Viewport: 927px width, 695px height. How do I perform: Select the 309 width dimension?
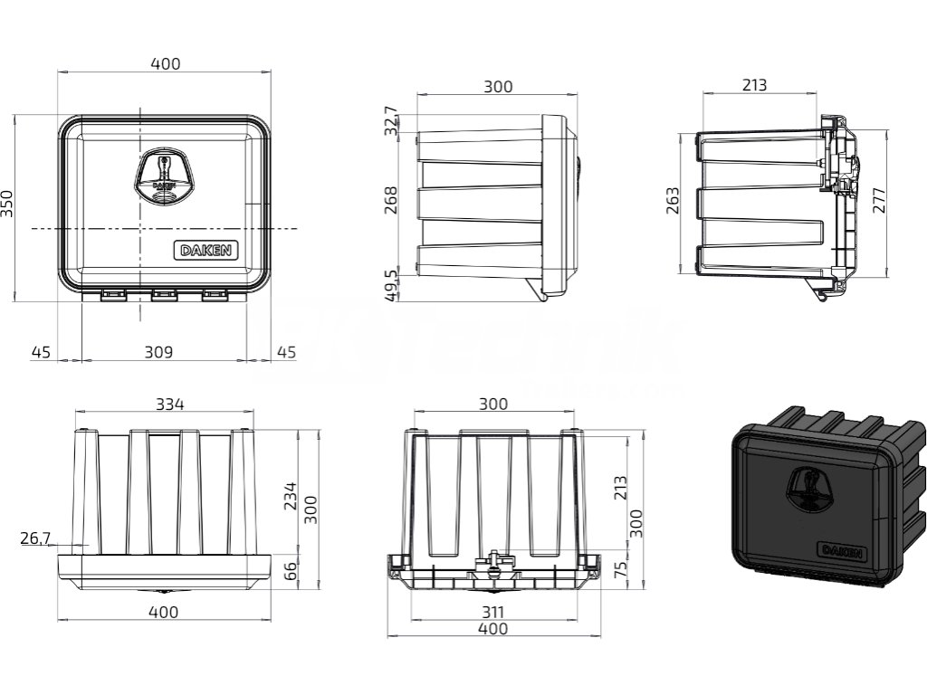click(x=159, y=351)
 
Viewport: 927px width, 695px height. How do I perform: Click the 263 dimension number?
click(x=672, y=200)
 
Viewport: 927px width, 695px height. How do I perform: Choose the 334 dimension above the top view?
click(x=168, y=405)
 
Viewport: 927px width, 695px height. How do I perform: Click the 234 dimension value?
click(x=291, y=497)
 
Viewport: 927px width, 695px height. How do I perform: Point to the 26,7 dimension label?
click(x=34, y=539)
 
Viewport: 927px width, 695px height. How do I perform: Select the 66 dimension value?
click(x=291, y=571)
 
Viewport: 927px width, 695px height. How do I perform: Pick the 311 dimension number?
click(x=492, y=613)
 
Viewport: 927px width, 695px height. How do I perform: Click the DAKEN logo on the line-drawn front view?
click(x=198, y=250)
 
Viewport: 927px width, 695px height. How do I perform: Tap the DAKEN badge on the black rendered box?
click(x=840, y=551)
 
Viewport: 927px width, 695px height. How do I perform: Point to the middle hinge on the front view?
click(x=164, y=295)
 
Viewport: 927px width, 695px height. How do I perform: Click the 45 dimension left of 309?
click(x=40, y=351)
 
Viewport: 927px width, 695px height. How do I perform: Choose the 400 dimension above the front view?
click(x=165, y=63)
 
